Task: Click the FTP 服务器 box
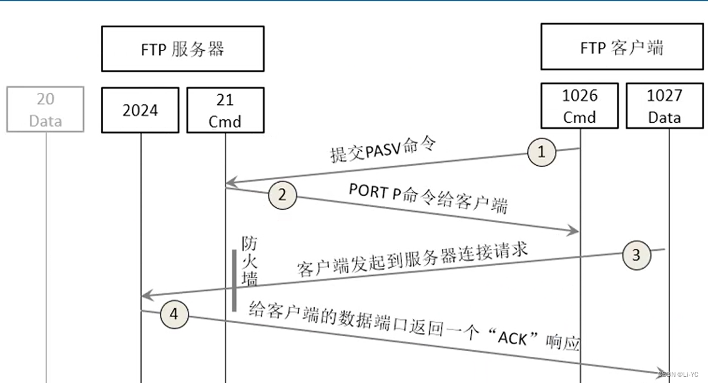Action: [182, 49]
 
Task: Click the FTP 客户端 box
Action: [622, 47]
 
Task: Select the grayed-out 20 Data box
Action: [46, 110]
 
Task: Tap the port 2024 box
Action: [140, 110]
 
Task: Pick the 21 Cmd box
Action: [225, 110]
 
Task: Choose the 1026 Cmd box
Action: [579, 106]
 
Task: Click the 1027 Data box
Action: [664, 106]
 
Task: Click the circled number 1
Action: [541, 151]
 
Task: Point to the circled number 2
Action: [282, 195]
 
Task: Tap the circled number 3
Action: [636, 255]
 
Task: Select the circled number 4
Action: [174, 314]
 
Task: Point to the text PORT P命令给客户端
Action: [428, 199]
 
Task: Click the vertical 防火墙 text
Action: [249, 261]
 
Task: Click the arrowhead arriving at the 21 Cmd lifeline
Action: [230, 183]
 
